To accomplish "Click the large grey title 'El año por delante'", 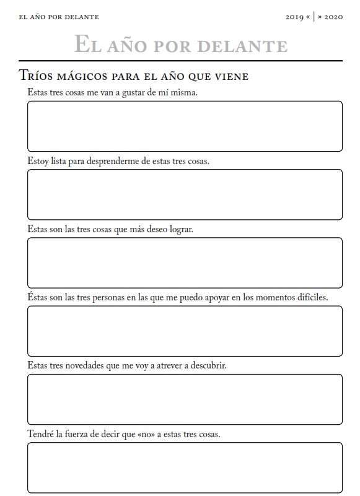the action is pos(180,45).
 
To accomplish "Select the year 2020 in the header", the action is pos(333,17).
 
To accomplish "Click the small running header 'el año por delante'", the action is pos(59,17).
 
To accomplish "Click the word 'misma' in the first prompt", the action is pos(185,92).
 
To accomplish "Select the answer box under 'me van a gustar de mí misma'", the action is pos(185,126).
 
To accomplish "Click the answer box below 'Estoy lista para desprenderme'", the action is pos(185,194).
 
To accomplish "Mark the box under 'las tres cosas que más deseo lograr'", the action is pos(185,263).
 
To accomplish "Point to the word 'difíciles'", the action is pos(310,297).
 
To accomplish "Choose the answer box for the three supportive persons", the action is pos(185,331).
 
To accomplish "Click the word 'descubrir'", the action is pos(208,365).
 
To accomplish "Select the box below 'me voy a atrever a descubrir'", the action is pos(185,399).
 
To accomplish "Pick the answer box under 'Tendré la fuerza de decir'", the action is pos(185,468).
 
